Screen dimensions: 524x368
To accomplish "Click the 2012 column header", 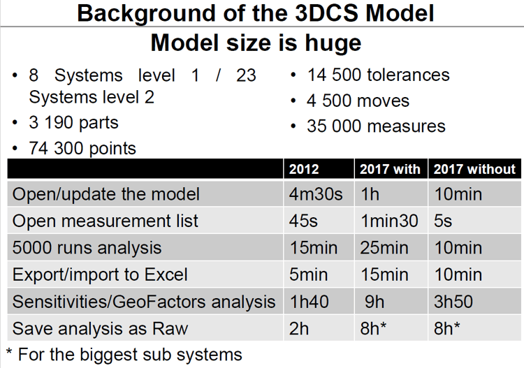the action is click(x=304, y=169).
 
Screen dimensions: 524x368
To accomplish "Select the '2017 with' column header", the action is click(x=390, y=169).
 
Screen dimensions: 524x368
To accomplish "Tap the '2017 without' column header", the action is click(x=474, y=169).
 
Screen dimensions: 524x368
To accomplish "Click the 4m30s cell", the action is click(x=316, y=194).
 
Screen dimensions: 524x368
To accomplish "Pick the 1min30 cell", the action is click(x=389, y=221).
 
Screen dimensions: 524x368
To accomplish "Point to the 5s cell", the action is click(x=443, y=221).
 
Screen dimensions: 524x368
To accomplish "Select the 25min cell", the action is click(x=384, y=248).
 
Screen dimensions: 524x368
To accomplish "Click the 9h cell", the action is click(x=374, y=302).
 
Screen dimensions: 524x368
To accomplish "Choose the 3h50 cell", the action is click(x=453, y=302).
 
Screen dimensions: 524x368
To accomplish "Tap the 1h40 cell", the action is click(x=309, y=302).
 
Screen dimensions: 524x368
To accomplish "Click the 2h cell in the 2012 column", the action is click(x=299, y=328).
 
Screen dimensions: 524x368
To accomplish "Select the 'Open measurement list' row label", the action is click(x=105, y=221).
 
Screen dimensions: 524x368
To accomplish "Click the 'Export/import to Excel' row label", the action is click(x=100, y=274).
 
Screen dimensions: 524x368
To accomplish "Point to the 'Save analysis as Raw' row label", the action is click(x=100, y=328).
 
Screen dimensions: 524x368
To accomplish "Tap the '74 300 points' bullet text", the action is click(x=82, y=148).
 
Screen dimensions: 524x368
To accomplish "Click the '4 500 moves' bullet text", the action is click(x=358, y=101).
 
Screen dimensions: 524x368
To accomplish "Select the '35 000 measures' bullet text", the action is click(x=377, y=126).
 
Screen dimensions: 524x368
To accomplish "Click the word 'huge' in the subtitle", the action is click(x=333, y=43).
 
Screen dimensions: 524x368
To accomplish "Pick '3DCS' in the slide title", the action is click(x=327, y=13).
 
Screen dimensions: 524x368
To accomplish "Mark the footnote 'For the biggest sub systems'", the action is click(x=130, y=354).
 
